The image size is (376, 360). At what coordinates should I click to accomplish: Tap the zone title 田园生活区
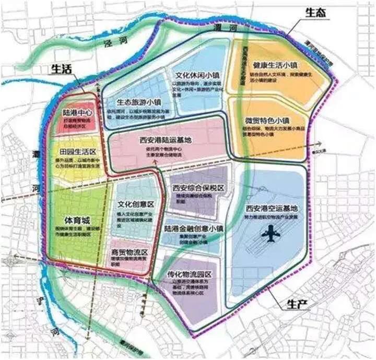coord(78,151)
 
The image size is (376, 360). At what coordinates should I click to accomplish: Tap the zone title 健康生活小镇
coord(275,65)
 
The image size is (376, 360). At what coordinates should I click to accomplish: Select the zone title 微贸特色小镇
coord(267,119)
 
